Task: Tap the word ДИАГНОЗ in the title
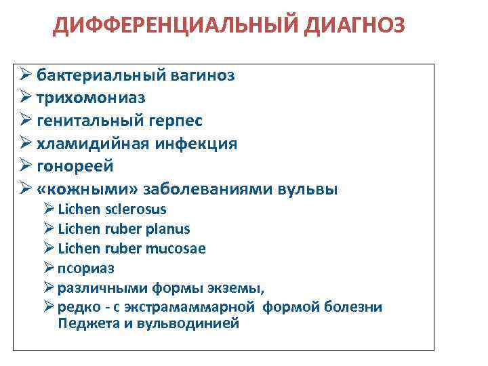[352, 26]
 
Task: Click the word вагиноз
[201, 75]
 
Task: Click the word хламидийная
[87, 144]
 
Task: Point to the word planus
[167, 229]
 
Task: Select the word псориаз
[86, 268]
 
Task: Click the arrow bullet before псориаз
[49, 268]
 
